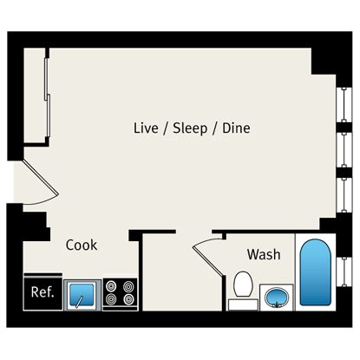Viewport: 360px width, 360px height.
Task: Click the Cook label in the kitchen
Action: click(82, 245)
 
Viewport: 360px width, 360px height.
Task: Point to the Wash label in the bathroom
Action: click(264, 255)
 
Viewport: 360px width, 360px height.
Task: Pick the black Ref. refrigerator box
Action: click(43, 292)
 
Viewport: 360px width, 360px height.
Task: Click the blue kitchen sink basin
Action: click(82, 293)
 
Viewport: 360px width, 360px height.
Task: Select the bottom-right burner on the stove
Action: click(128, 300)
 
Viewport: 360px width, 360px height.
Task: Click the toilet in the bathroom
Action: click(243, 287)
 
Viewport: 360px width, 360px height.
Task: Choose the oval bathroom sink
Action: click(275, 298)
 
